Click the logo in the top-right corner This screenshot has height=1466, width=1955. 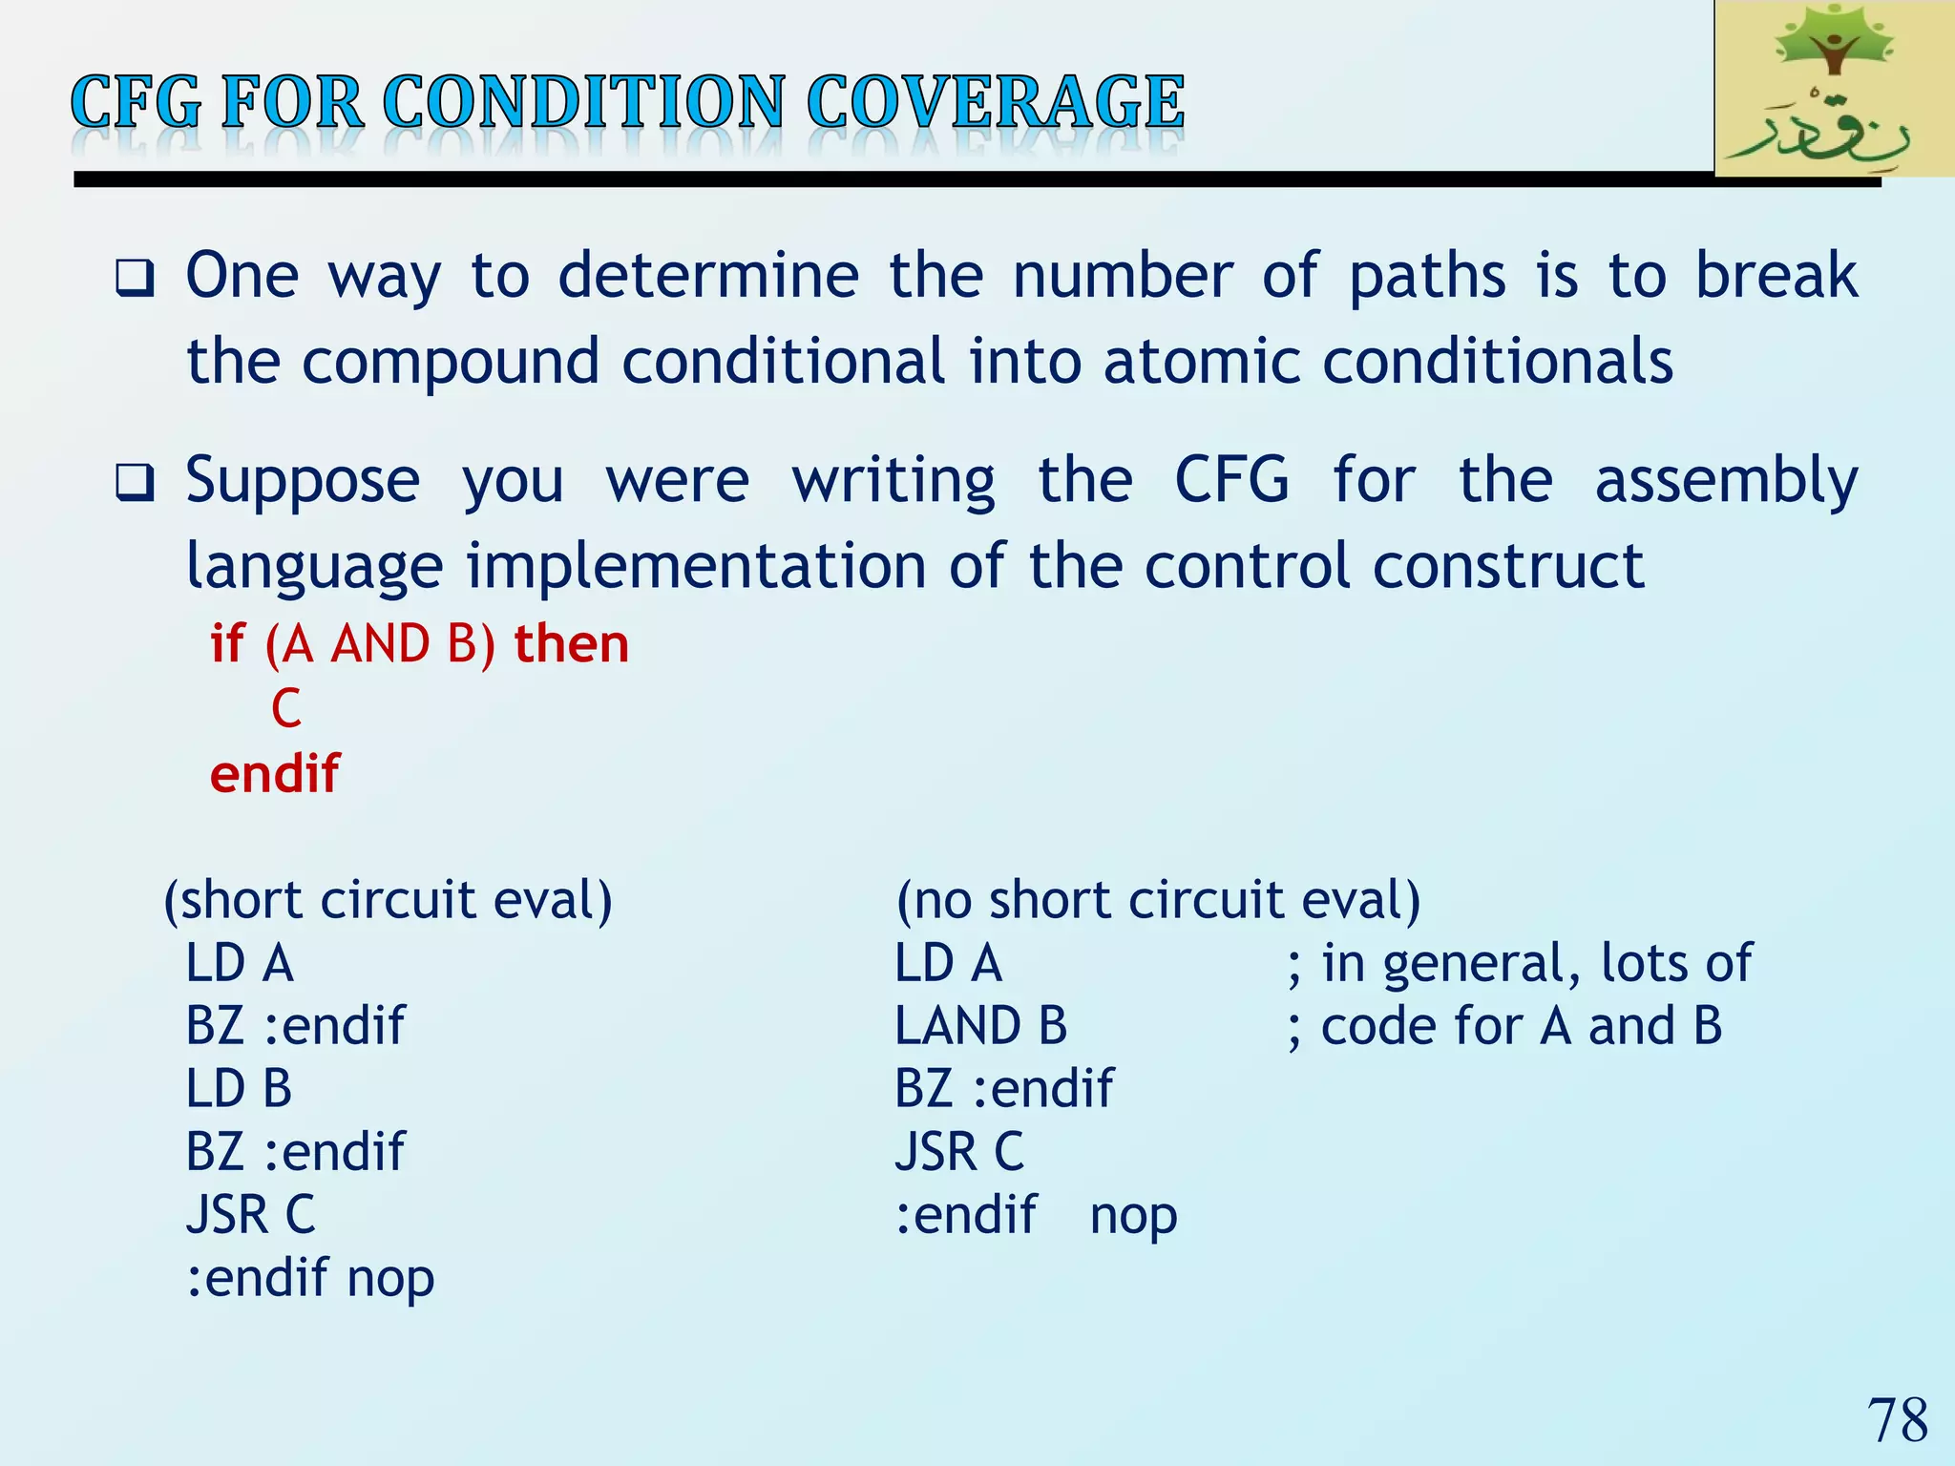(x=1834, y=89)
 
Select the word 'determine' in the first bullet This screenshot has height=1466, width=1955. (x=708, y=276)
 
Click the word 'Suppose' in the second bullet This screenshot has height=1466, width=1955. (x=303, y=480)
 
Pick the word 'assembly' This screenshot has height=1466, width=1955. (x=1726, y=480)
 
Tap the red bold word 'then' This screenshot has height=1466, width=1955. (x=572, y=644)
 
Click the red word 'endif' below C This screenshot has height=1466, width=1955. (x=274, y=773)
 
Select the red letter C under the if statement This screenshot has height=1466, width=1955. (x=285, y=708)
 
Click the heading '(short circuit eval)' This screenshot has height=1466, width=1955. (x=388, y=900)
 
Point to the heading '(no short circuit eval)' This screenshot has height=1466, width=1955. (x=1158, y=900)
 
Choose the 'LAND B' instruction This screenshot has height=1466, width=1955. (x=980, y=1026)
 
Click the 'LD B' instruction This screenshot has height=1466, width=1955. (x=239, y=1089)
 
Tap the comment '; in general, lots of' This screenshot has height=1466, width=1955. (x=1519, y=963)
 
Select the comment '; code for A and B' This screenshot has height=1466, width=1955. (x=1504, y=1026)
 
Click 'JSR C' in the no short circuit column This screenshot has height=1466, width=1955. (x=958, y=1152)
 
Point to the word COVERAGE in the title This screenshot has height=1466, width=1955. (x=995, y=102)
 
